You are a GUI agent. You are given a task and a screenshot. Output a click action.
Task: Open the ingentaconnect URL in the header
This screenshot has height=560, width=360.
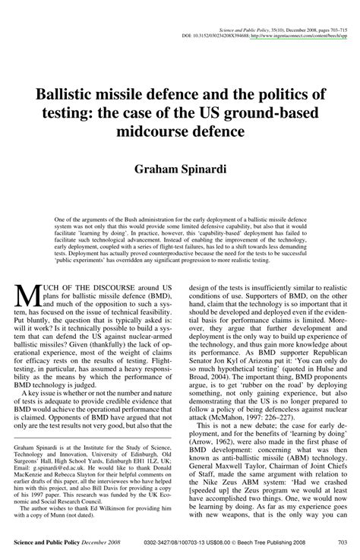(298, 35)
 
